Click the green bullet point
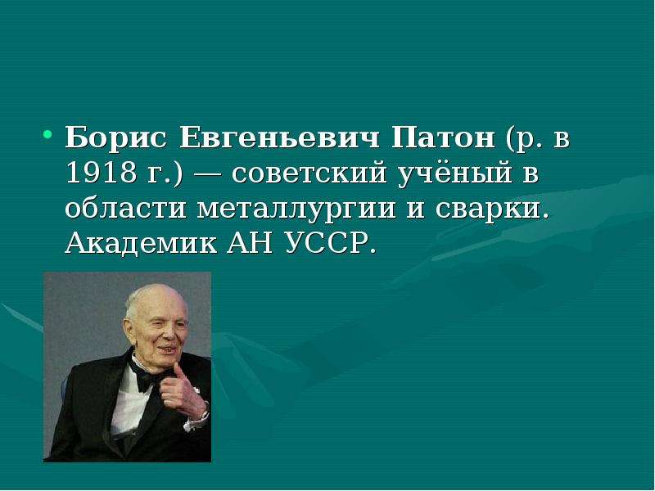pos(47,134)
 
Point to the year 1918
pos(102,173)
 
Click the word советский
pos(309,173)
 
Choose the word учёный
pos(454,174)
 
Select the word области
pos(125,208)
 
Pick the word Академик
pos(141,242)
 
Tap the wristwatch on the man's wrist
pos(204,416)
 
